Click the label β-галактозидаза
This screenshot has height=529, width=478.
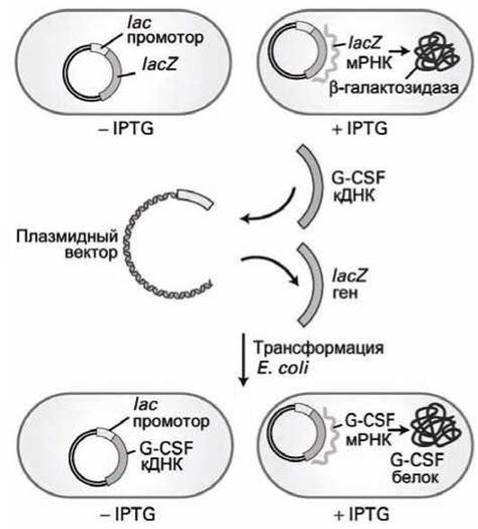pyautogui.click(x=394, y=88)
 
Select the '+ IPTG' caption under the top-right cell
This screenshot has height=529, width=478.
pyautogui.click(x=359, y=129)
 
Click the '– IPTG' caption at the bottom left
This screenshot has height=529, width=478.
pyautogui.click(x=127, y=515)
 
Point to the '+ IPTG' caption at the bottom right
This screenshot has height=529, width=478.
pyautogui.click(x=361, y=515)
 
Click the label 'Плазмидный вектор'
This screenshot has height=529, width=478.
pyautogui.click(x=68, y=244)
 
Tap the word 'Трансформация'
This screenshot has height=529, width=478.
pyautogui.click(x=319, y=348)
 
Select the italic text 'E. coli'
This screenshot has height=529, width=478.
pyautogui.click(x=283, y=368)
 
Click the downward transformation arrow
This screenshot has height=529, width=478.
pyautogui.click(x=243, y=359)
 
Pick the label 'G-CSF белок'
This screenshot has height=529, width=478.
pyautogui.click(x=417, y=468)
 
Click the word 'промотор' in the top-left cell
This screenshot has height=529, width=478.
pyautogui.click(x=166, y=38)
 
